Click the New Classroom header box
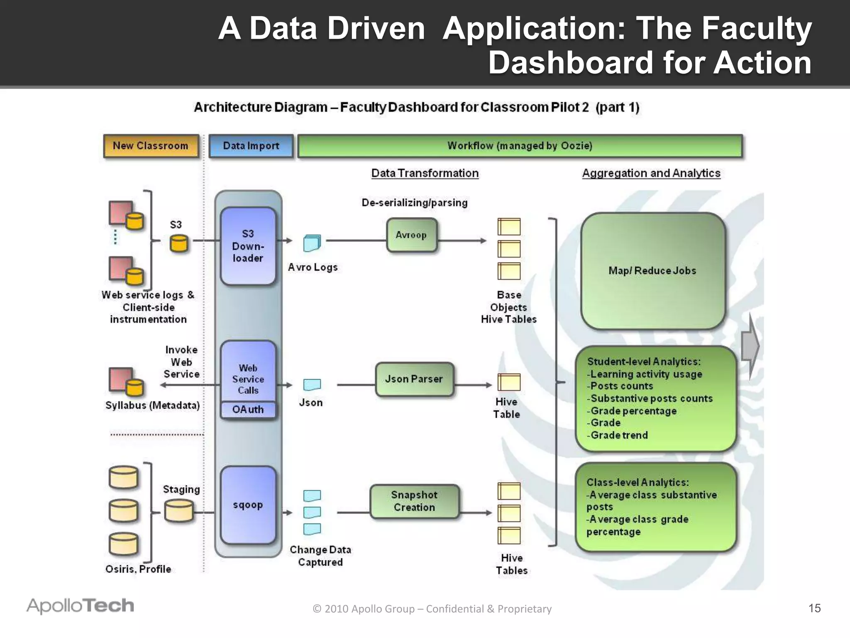(151, 146)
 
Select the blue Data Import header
(251, 146)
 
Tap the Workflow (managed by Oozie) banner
(520, 146)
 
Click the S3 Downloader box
(248, 246)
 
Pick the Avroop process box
(411, 235)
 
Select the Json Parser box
(414, 379)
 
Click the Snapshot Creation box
(414, 501)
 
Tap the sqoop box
(248, 505)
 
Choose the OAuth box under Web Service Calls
(248, 410)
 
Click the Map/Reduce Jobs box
(652, 271)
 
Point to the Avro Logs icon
(312, 243)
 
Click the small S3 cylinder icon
(179, 244)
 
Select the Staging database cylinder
(178, 510)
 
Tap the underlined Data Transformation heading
(425, 173)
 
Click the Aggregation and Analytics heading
(651, 173)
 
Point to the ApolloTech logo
(81, 606)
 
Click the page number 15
(814, 608)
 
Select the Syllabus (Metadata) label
(152, 405)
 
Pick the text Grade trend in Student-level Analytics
(619, 435)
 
